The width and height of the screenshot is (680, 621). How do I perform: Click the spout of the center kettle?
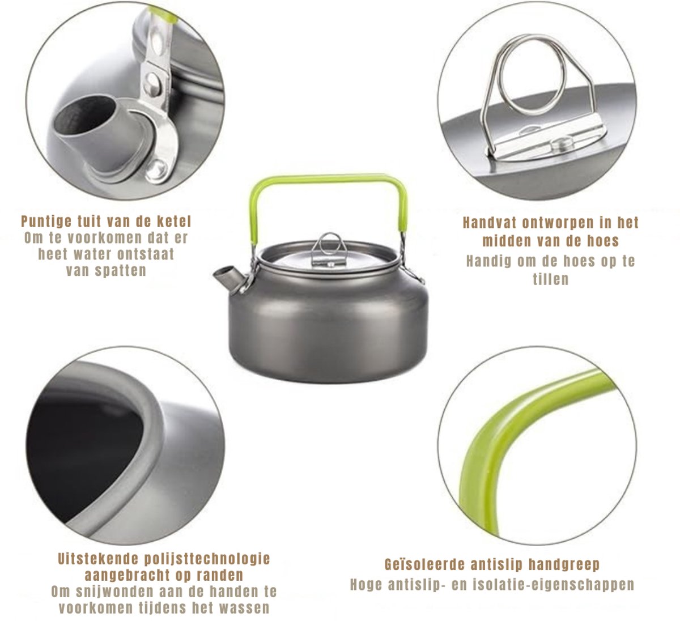[x=227, y=277]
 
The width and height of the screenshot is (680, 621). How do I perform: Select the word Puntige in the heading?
[x=46, y=222]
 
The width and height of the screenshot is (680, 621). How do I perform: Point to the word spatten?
[x=121, y=271]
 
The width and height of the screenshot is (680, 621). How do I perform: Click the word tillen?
[x=550, y=280]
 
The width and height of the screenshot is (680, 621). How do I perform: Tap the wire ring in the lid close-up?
[x=532, y=75]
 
